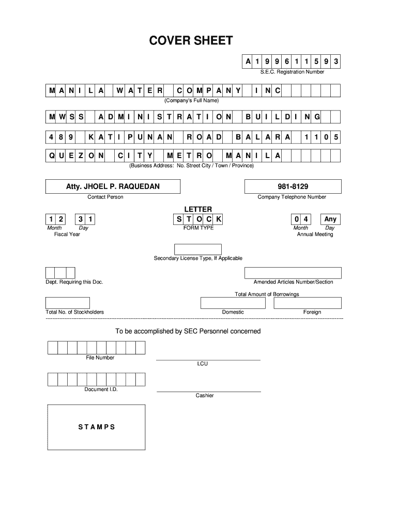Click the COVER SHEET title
pyautogui.click(x=191, y=41)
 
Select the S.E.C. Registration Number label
pyautogui.click(x=292, y=72)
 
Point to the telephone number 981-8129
pyautogui.click(x=293, y=186)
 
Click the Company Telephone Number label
pyautogui.click(x=292, y=197)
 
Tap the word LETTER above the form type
pyautogui.click(x=198, y=209)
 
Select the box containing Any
pyautogui.click(x=330, y=219)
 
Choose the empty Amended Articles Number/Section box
pyautogui.click(x=293, y=273)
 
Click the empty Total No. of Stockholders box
pyautogui.click(x=68, y=303)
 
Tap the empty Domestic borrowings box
pyautogui.click(x=233, y=303)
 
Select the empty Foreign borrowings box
pyautogui.click(x=308, y=303)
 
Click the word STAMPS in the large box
pyautogui.click(x=97, y=427)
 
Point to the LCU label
pyautogui.click(x=202, y=364)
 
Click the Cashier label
pyautogui.click(x=205, y=396)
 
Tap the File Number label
pyautogui.click(x=100, y=357)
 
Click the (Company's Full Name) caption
pyautogui.click(x=192, y=100)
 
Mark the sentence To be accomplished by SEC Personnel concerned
pyautogui.click(x=188, y=331)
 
